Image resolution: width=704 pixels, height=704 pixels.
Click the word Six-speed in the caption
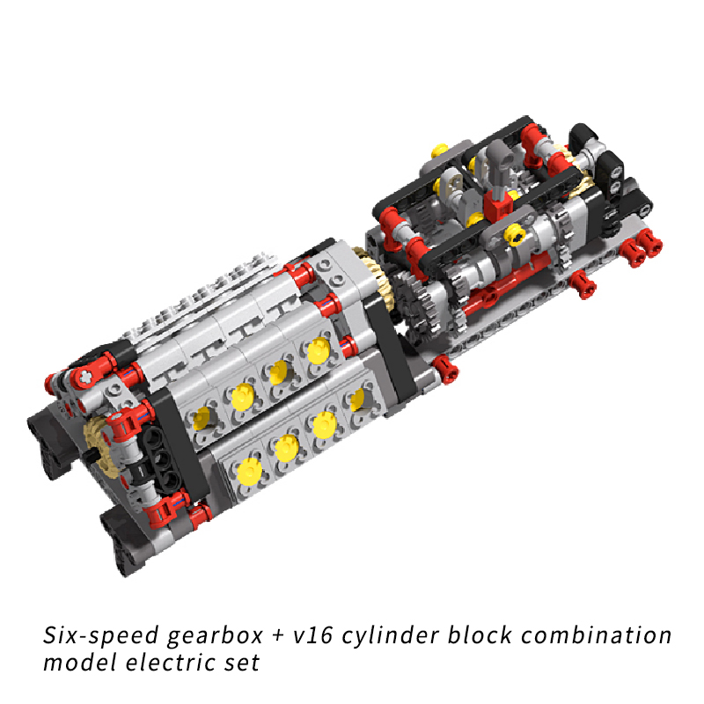[x=100, y=634]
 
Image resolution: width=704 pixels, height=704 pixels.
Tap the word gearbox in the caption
[x=215, y=636]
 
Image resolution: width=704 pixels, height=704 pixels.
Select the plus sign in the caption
[x=278, y=635]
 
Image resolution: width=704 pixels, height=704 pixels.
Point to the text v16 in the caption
[x=313, y=635]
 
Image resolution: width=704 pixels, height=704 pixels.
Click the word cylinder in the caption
[x=390, y=636]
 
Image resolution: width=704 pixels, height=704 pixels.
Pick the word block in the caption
[x=480, y=634]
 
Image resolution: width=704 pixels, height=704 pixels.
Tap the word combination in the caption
[x=597, y=634]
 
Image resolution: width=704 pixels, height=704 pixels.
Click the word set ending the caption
[x=243, y=664]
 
